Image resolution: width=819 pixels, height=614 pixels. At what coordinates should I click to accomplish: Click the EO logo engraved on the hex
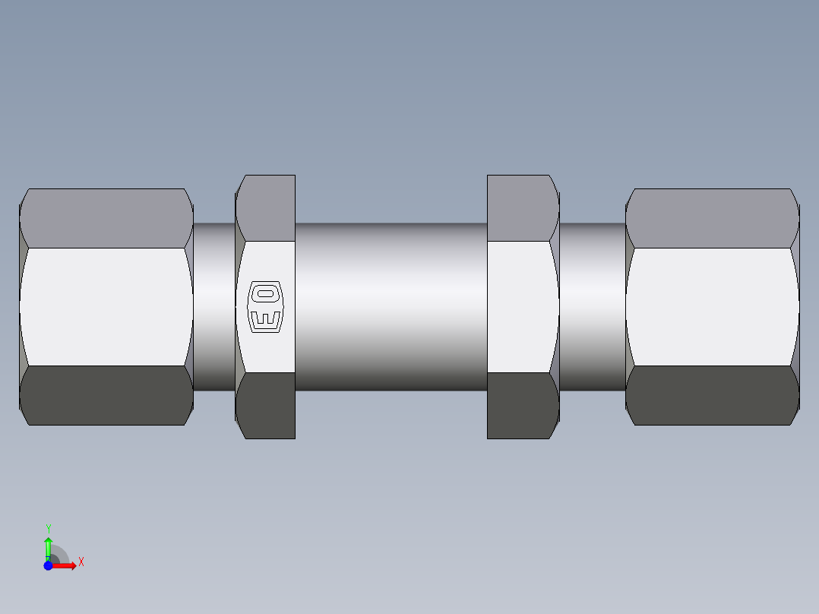[x=265, y=307]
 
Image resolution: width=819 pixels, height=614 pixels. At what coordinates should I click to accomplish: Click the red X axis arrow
[x=66, y=565]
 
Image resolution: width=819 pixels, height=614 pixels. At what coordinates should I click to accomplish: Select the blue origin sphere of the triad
[x=48, y=565]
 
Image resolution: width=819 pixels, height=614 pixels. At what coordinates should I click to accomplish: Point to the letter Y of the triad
[x=48, y=528]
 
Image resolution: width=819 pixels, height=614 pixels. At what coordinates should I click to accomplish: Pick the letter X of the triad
[x=81, y=562]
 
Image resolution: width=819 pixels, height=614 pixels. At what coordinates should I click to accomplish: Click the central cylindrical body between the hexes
[x=391, y=306]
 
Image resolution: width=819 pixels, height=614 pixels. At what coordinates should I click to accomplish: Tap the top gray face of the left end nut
[x=106, y=218]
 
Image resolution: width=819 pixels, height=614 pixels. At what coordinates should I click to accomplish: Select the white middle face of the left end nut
[x=106, y=306]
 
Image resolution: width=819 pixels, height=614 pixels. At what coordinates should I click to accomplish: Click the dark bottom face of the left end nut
[x=106, y=395]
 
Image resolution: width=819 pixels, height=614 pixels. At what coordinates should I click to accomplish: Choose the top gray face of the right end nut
[x=712, y=218]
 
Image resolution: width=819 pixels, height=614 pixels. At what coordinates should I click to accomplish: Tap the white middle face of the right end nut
[x=712, y=306]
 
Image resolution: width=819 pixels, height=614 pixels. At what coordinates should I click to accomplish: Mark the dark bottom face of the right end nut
[x=712, y=395]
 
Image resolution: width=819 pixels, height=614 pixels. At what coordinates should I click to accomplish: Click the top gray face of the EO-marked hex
[x=266, y=208]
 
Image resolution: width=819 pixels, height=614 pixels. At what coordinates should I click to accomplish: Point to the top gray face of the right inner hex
[x=522, y=208]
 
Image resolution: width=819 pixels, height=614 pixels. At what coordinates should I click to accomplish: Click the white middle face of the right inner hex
[x=522, y=306]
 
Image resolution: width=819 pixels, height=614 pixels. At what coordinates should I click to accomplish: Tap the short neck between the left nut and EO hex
[x=213, y=306]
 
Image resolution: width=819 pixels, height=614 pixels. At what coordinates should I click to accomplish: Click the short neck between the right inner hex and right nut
[x=593, y=306]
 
